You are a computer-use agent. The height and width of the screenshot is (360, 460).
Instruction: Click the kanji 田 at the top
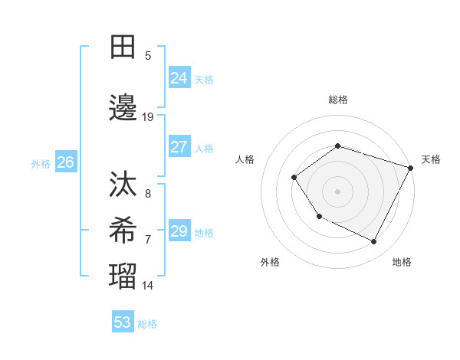coord(123,47)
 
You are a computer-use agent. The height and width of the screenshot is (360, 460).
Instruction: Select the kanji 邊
coord(123,109)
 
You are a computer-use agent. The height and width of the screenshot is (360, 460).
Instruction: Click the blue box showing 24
coord(179,77)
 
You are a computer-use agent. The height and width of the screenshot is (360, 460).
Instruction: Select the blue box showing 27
coord(179,147)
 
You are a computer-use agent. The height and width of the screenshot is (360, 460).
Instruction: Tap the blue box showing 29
coord(179,231)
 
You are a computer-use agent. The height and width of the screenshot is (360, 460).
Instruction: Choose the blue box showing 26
coord(65,162)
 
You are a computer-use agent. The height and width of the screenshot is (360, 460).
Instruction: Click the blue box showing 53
coord(123,322)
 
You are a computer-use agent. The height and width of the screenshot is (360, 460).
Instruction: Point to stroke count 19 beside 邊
coord(148,116)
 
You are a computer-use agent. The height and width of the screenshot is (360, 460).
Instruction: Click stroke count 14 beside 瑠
coord(148,286)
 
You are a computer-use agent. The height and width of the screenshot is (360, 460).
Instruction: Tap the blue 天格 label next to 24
coord(204,79)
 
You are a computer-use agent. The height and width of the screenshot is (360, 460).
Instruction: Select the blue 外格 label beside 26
coord(41,163)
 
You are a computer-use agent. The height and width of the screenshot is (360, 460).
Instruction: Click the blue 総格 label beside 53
coord(147,323)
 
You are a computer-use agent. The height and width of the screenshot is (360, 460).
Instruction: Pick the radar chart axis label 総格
coord(337,100)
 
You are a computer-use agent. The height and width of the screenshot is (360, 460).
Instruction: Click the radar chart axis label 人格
coord(245,159)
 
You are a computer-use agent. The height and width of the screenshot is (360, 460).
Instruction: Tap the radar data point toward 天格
coord(410,168)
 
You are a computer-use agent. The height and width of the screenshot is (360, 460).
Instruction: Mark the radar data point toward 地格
coord(373,241)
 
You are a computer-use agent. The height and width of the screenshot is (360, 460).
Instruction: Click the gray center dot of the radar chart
coord(337,191)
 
